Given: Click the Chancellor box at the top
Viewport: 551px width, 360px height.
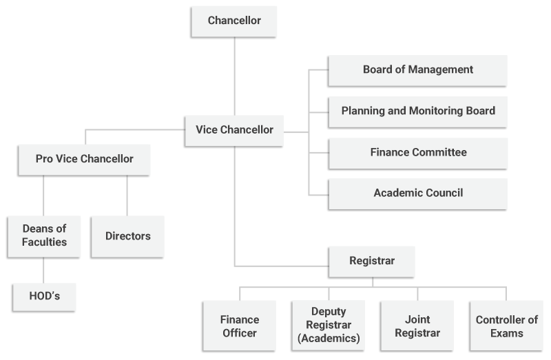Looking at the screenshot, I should pos(234,21).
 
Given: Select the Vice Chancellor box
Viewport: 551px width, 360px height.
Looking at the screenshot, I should pos(234,130).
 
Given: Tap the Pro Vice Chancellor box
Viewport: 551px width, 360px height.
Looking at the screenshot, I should pos(85,159).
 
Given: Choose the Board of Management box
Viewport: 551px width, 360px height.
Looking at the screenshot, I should pos(417,70).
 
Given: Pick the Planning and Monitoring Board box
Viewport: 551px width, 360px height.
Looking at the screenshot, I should pos(417,111).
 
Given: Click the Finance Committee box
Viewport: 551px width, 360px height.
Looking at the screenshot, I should pos(417,152).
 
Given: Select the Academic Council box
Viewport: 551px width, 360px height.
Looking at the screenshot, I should pos(417,193).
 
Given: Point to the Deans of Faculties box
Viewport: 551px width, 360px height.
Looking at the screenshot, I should pos(44,235).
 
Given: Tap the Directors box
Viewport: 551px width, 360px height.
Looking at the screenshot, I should pos(127,236).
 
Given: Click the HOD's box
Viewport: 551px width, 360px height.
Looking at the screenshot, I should pos(44,297).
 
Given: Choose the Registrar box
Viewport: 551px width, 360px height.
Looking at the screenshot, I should pos(372,262).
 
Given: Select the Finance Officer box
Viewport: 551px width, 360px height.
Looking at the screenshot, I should pos(239,326).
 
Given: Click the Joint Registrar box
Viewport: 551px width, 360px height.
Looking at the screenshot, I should pos(417,326).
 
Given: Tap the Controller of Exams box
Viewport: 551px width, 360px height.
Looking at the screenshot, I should pos(506,326).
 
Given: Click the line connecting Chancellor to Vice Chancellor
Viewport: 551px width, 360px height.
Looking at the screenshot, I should pos(234,76).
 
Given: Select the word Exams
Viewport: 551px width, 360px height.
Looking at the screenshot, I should pos(507,334).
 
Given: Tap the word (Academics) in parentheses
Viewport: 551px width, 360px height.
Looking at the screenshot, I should pos(329,339).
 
